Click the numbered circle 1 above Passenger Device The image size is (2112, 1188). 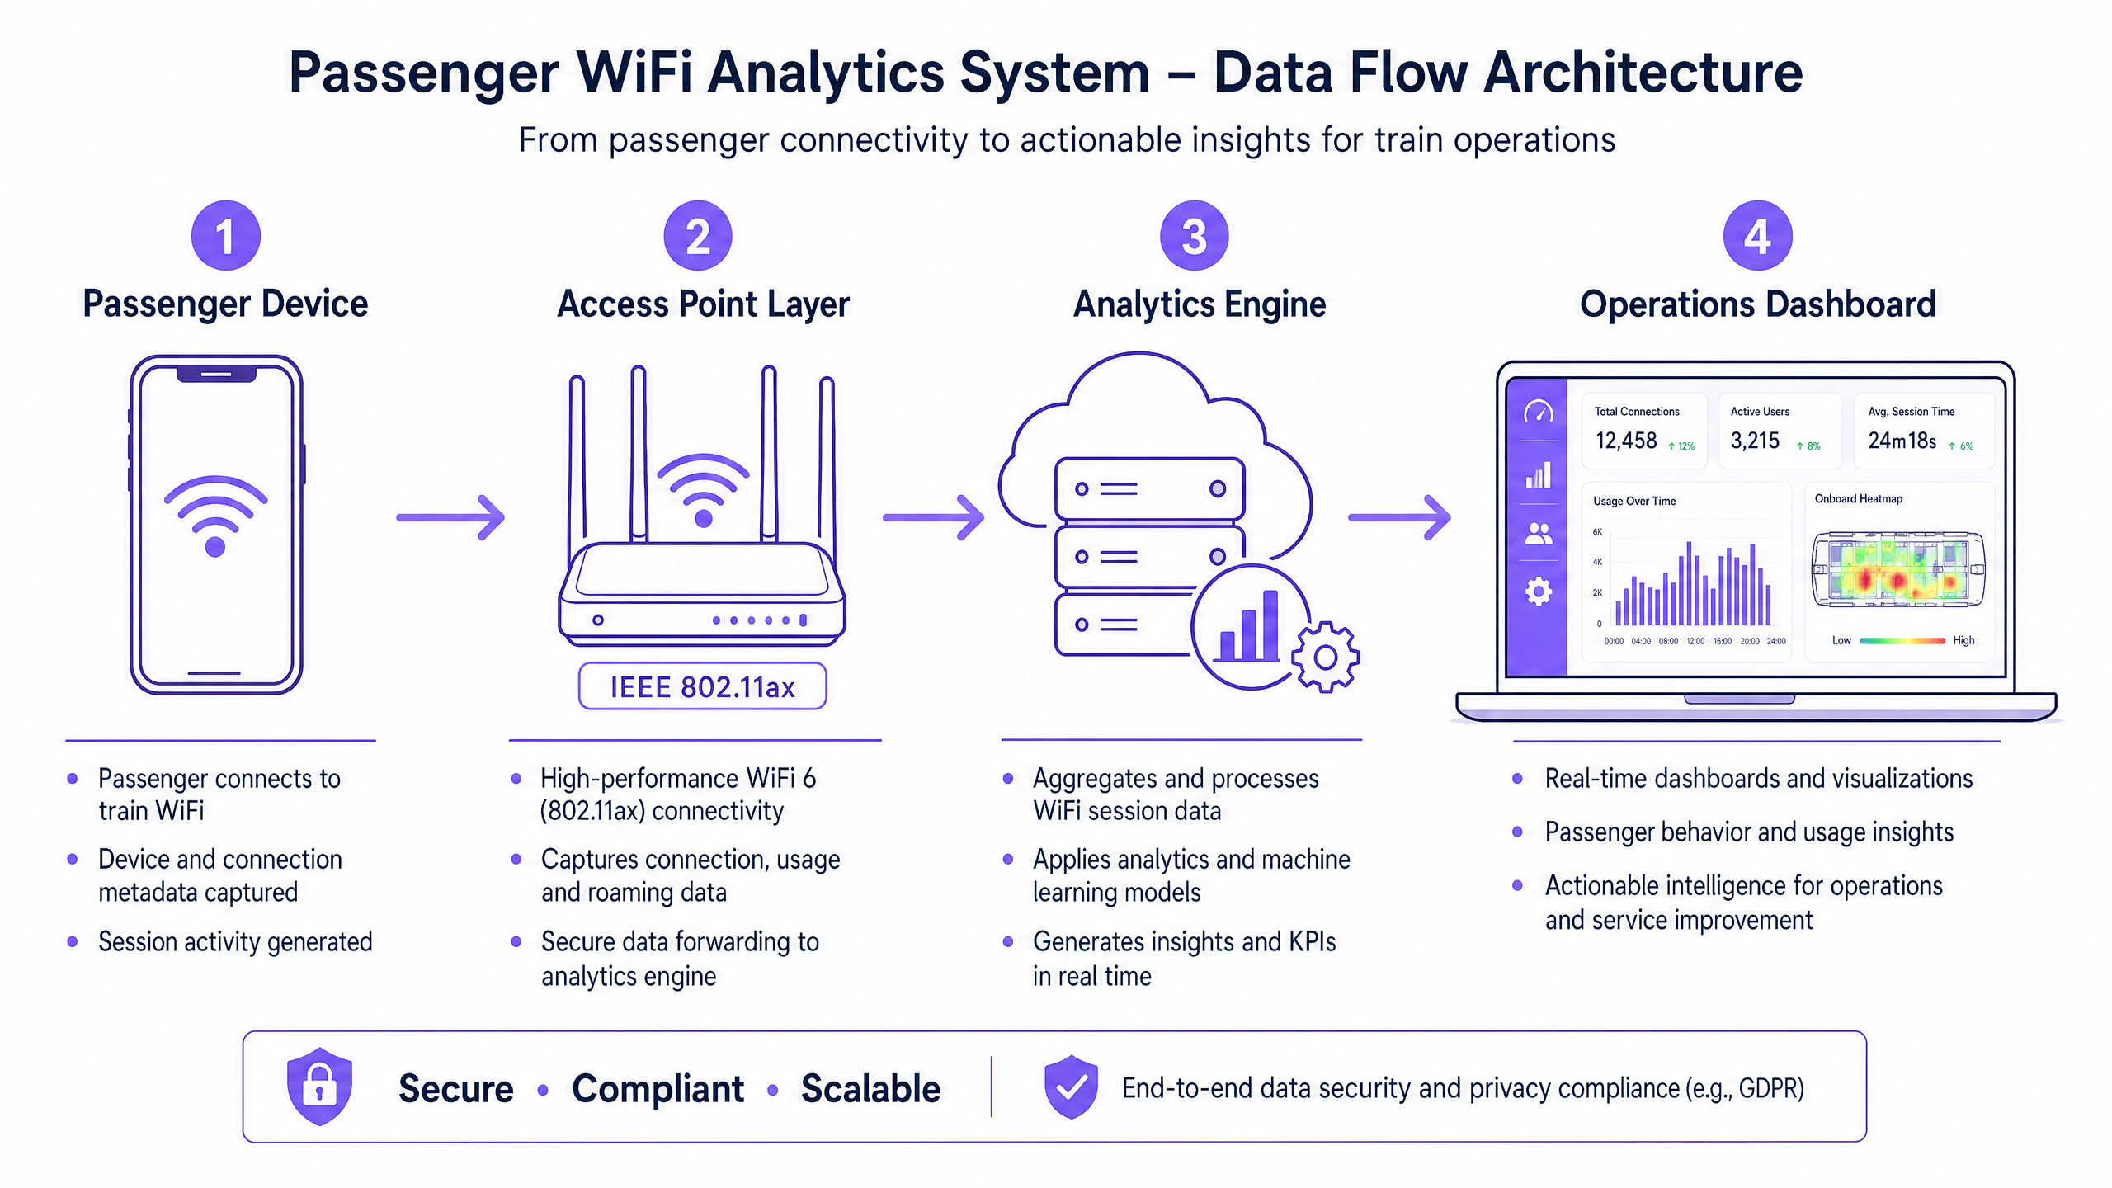tap(225, 236)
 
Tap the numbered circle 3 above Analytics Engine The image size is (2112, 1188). tap(1194, 236)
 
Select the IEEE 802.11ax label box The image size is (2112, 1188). tap(702, 686)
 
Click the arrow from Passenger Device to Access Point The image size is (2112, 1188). tap(450, 517)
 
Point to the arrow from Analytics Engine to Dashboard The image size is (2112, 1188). tap(1399, 517)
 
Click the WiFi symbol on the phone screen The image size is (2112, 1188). tap(215, 516)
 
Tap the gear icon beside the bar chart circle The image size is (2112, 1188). tap(1325, 658)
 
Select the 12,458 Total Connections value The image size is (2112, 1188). tap(1625, 441)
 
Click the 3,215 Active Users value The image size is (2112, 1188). tap(1755, 441)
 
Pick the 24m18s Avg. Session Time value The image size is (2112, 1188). tap(1902, 441)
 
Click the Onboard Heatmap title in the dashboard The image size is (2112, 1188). tap(1858, 499)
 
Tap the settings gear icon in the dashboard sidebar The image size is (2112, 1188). tap(1538, 591)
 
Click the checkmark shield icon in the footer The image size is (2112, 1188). tap(1071, 1087)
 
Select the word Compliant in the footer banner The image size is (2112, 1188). tap(658, 1088)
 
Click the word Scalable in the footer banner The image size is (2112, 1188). tap(870, 1088)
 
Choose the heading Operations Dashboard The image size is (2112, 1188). tap(1757, 304)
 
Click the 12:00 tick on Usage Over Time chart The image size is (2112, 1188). tap(1695, 641)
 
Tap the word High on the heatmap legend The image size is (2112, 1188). tap(1963, 640)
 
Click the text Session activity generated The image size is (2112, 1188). tap(235, 941)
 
